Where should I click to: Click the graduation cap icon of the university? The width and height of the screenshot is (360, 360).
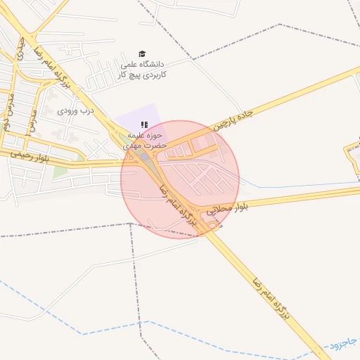click(141, 54)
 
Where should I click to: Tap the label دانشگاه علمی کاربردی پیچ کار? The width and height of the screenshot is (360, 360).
click(141, 68)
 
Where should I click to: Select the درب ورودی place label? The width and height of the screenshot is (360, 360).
click(75, 110)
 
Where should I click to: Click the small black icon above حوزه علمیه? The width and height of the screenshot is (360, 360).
click(144, 124)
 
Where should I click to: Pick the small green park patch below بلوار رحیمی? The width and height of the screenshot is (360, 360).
click(60, 170)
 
